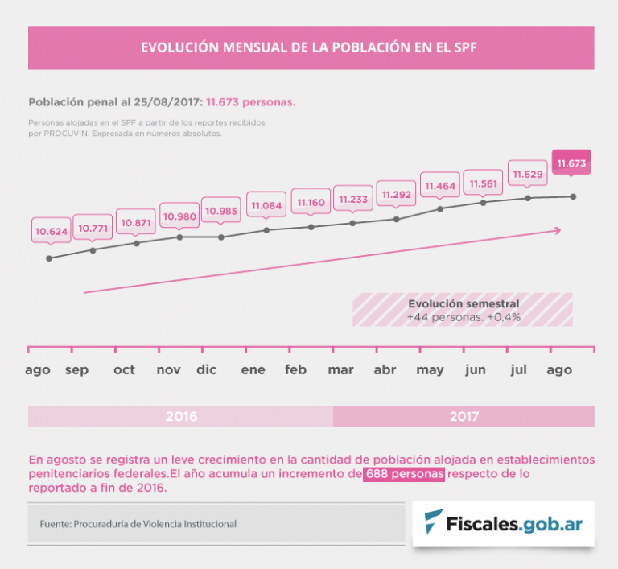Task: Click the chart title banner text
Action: [309, 47]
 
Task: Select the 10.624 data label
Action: [51, 232]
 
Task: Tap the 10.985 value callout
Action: [221, 211]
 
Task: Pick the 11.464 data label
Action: [440, 186]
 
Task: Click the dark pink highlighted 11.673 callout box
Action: [572, 163]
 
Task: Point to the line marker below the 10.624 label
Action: [50, 258]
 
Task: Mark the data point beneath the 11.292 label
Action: [397, 219]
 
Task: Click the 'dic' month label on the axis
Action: [207, 370]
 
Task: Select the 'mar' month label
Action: [340, 370]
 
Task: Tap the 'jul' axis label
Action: [519, 370]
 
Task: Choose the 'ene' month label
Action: [253, 370]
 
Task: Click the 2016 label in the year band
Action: [181, 417]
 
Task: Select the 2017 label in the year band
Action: [464, 417]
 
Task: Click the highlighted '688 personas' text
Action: [405, 474]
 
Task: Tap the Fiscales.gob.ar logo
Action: [504, 524]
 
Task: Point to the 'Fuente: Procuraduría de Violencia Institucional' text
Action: [138, 524]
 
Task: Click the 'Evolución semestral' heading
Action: [463, 304]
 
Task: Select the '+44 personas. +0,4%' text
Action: [463, 317]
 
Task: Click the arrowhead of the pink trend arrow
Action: [557, 230]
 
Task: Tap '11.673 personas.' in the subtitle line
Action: [251, 103]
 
